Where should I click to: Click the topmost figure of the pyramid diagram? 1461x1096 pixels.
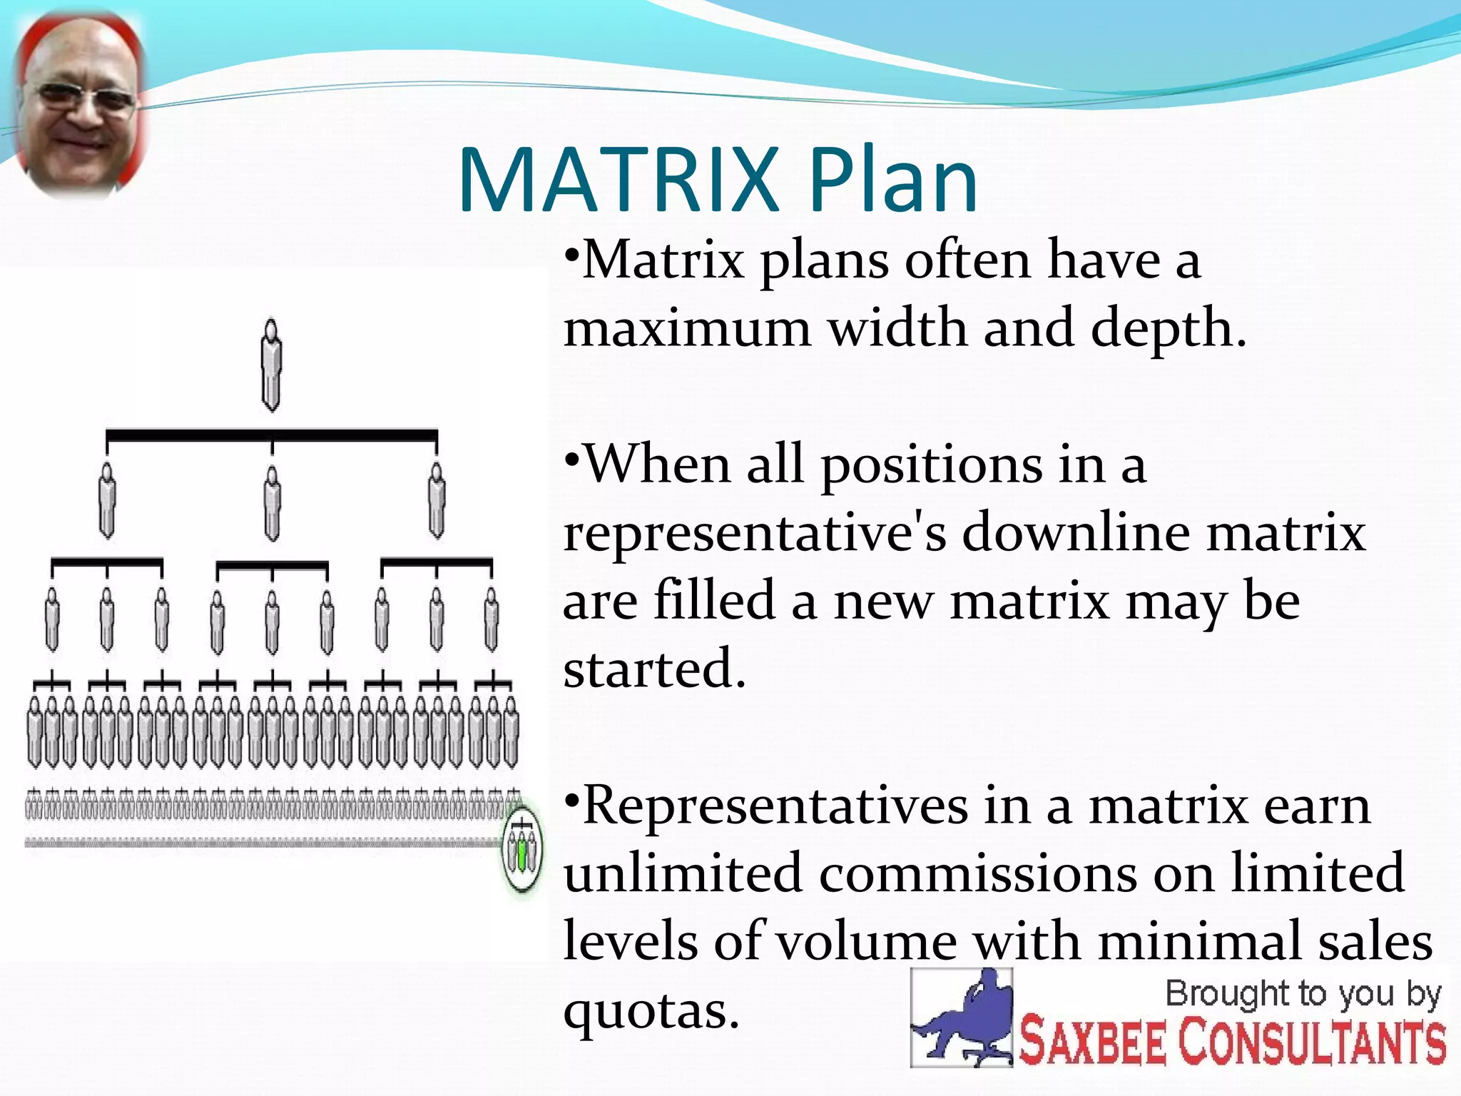click(271, 364)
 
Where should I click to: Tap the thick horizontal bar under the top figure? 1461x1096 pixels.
click(271, 435)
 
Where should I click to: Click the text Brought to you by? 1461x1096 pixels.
click(1303, 994)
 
